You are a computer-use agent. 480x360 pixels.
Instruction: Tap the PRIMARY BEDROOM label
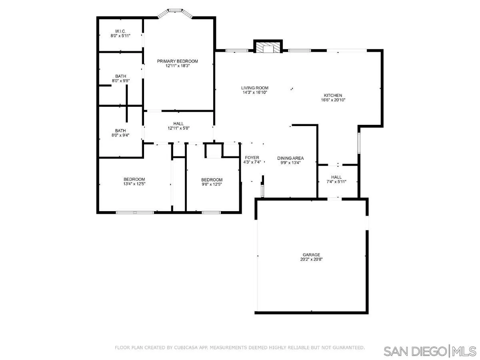coord(177,61)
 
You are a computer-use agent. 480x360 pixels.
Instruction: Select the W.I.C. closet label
coord(120,31)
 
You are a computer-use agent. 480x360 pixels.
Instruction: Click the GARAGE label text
coord(311,254)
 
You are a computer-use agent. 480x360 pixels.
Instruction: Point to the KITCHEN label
coord(333,95)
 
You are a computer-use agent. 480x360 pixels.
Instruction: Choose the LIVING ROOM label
coord(254,88)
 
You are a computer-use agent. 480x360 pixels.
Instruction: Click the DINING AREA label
coord(290,158)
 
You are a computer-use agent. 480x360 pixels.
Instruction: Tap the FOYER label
coord(252,158)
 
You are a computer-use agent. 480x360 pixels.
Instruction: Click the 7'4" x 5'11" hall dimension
coord(336,182)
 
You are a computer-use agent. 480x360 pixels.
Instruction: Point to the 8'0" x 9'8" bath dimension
coord(120,81)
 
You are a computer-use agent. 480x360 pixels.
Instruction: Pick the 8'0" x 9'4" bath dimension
coord(120,135)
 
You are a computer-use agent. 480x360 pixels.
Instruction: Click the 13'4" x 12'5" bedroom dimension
coord(134,184)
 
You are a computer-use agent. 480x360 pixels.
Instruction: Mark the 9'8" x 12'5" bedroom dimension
coord(212,184)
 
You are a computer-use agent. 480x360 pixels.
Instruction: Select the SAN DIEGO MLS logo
coord(430,351)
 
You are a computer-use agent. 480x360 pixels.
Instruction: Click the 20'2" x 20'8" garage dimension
coord(311,259)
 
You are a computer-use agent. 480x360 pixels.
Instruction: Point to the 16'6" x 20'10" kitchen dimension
coord(333,100)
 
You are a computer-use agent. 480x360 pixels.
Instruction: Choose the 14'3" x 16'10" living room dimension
coord(254,92)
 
